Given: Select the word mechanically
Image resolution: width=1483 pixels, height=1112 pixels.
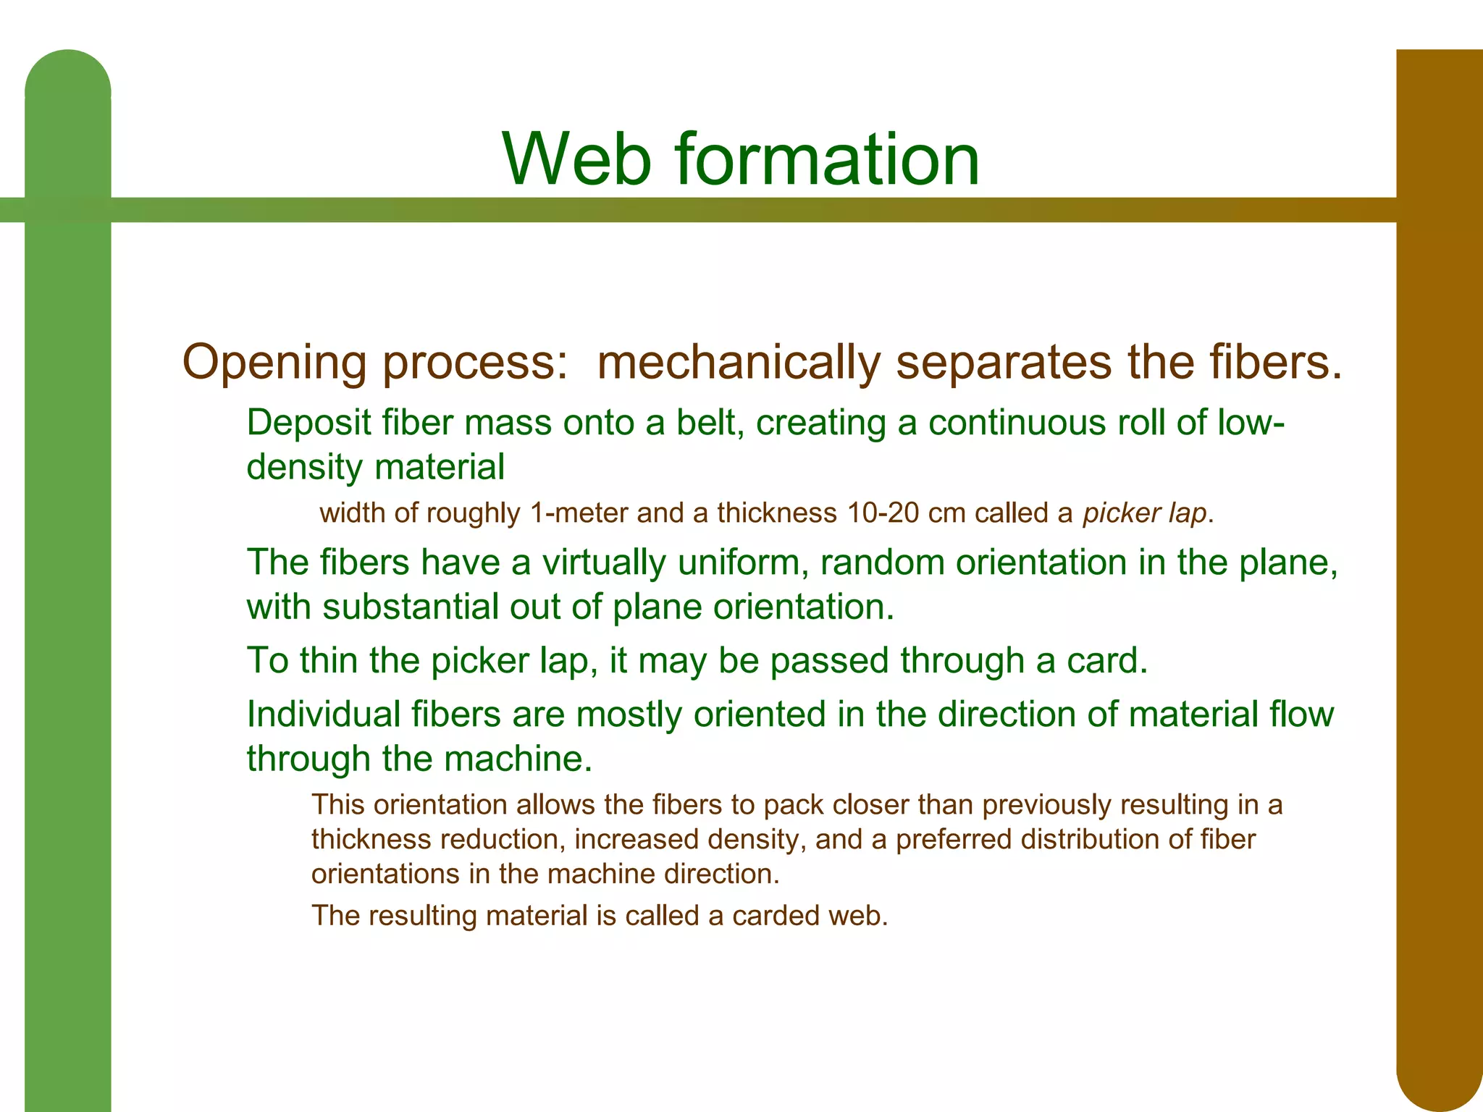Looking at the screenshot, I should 739,362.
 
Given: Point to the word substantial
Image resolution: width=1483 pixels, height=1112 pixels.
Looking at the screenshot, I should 410,607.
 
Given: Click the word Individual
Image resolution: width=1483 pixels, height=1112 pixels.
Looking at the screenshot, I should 323,715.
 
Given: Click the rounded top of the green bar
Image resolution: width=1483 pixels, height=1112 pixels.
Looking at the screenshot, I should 68,76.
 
